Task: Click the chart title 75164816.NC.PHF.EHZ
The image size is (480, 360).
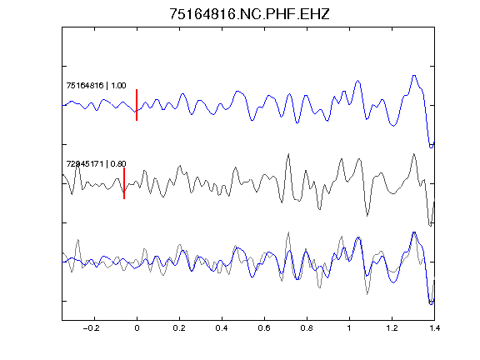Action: click(x=249, y=14)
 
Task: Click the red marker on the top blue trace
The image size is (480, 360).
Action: click(x=137, y=105)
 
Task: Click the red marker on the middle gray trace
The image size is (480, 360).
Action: click(x=124, y=183)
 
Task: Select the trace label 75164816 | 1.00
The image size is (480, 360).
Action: click(x=96, y=85)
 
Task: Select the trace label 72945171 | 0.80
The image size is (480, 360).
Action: click(x=96, y=164)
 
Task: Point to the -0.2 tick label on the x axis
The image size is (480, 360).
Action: click(x=91, y=328)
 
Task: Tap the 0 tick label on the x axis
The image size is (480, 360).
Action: click(x=137, y=328)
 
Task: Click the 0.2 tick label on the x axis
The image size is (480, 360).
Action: click(x=179, y=328)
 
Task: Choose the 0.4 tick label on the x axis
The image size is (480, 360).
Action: click(x=222, y=328)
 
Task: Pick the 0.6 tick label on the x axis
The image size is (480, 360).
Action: click(x=264, y=328)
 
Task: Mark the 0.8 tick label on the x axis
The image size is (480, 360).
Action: click(x=307, y=328)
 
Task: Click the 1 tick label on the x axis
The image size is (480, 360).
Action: click(x=349, y=328)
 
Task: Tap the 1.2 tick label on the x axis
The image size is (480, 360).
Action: click(x=392, y=328)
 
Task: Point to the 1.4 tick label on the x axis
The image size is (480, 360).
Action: click(x=434, y=328)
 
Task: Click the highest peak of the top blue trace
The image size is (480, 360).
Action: click(x=414, y=75)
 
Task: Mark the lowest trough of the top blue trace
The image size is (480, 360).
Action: click(x=431, y=147)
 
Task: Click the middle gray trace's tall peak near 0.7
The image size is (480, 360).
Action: click(x=288, y=154)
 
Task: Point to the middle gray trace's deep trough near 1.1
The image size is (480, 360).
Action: click(x=367, y=216)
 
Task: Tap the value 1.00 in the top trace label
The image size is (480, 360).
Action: click(x=118, y=85)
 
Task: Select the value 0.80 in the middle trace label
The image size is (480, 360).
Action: click(x=118, y=164)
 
